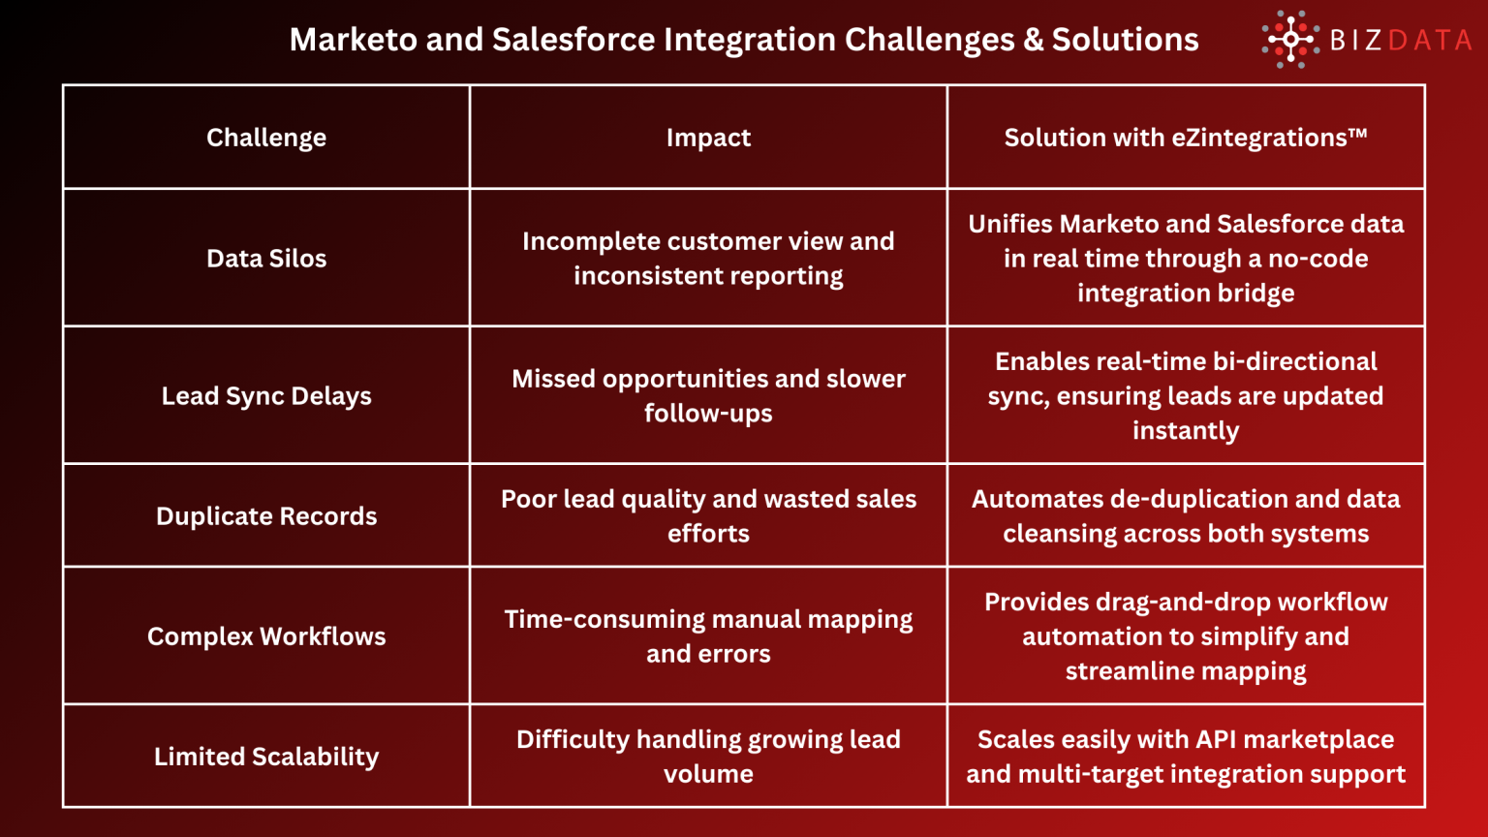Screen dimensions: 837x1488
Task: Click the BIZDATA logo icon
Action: pyautogui.click(x=1289, y=40)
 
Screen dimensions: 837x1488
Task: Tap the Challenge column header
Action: pyautogui.click(x=266, y=138)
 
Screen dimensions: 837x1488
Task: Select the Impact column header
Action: pyautogui.click(x=708, y=138)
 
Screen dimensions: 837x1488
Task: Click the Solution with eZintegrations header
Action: pyautogui.click(x=1186, y=138)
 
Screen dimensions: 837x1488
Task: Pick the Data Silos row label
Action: pyautogui.click(x=266, y=259)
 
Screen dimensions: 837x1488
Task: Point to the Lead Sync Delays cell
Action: pyautogui.click(x=266, y=396)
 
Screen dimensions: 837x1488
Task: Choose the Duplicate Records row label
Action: pyautogui.click(x=266, y=516)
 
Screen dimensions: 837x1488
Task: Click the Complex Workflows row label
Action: pyautogui.click(x=266, y=636)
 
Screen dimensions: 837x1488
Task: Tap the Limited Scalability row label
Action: pyautogui.click(x=266, y=757)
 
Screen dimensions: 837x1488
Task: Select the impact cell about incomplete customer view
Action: pyautogui.click(x=708, y=259)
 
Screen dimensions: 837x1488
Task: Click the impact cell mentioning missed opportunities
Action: pyautogui.click(x=708, y=396)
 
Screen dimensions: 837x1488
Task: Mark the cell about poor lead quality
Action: pyautogui.click(x=708, y=516)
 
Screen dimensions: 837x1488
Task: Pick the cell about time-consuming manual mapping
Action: pyautogui.click(x=708, y=636)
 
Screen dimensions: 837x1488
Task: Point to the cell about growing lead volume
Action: pyautogui.click(x=708, y=757)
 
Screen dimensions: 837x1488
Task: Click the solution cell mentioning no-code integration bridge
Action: pyautogui.click(x=1186, y=259)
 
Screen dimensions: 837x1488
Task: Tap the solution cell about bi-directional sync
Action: pyautogui.click(x=1186, y=396)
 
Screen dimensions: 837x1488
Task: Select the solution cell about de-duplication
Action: pyautogui.click(x=1186, y=516)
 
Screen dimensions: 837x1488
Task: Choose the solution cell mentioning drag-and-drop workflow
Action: pyautogui.click(x=1186, y=636)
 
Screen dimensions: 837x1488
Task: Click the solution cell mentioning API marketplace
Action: pyautogui.click(x=1186, y=757)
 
